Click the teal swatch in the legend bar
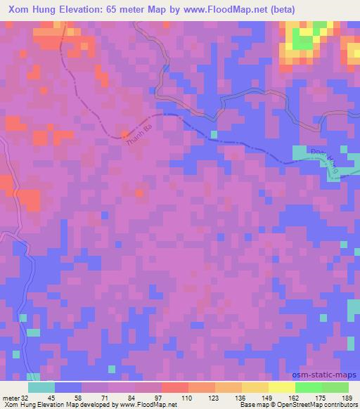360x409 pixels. pyautogui.click(x=41, y=387)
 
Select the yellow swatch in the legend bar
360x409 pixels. pyautogui.click(x=281, y=387)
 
